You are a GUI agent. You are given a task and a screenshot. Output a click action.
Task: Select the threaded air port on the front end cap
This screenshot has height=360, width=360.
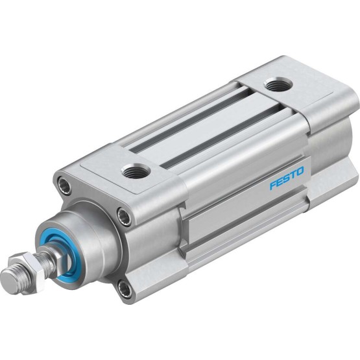click(x=136, y=171)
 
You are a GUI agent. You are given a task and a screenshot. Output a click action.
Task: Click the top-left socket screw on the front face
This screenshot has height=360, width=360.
click(x=64, y=185)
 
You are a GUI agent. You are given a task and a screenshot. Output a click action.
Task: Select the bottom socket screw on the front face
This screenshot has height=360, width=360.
click(x=124, y=289)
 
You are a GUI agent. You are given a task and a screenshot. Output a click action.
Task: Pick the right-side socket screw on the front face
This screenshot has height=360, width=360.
click(x=124, y=217)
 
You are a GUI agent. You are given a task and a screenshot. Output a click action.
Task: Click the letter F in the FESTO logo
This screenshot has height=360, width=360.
click(x=272, y=185)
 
